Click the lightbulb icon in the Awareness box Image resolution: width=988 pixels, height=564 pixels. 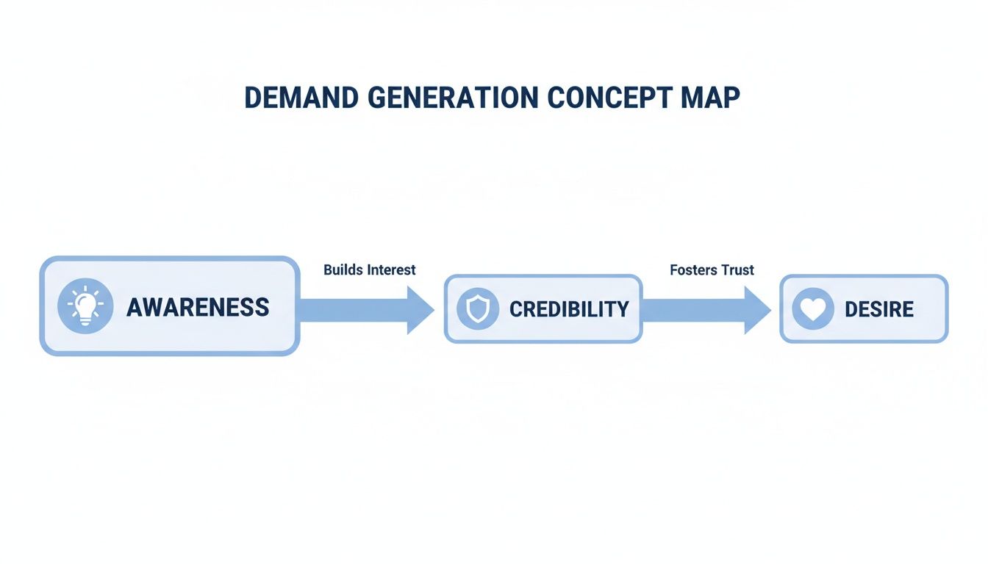(85, 306)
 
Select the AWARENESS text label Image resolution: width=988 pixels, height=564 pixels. (198, 307)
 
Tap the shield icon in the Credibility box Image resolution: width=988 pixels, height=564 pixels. (477, 309)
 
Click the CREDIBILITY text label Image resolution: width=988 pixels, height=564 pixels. (569, 309)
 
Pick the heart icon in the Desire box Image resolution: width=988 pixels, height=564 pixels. (812, 309)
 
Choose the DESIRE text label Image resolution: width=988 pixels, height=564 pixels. (879, 309)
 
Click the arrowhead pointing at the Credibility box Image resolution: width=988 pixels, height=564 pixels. (420, 310)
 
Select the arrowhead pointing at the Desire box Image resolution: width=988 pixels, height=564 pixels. (757, 310)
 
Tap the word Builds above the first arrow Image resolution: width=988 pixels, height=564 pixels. (343, 270)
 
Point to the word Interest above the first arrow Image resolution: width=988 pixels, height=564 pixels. (392, 270)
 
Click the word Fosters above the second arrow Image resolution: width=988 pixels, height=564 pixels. (693, 270)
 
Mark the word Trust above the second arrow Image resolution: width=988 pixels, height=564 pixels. (737, 270)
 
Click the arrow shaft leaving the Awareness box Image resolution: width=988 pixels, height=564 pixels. (353, 310)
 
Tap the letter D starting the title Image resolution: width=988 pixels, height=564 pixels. (252, 98)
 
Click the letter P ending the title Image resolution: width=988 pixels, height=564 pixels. (731, 98)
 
